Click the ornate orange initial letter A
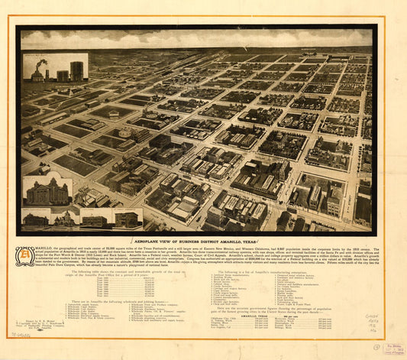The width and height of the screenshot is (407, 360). (24, 256)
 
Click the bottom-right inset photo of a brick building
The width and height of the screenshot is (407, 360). (127, 219)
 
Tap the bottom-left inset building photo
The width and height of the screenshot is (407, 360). (35, 219)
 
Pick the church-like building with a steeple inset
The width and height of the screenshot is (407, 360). (65, 219)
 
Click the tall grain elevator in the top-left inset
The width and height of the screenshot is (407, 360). (76, 70)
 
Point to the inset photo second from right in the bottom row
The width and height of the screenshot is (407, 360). (95, 219)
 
